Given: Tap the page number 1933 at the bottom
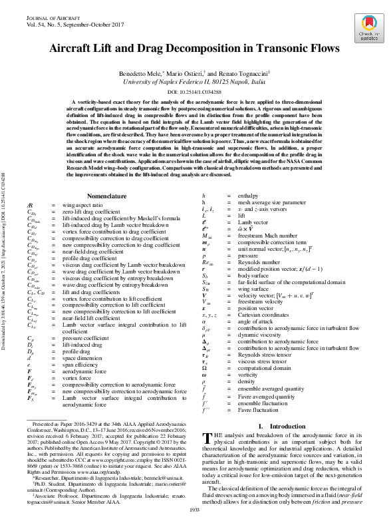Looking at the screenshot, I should tap(195, 510).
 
